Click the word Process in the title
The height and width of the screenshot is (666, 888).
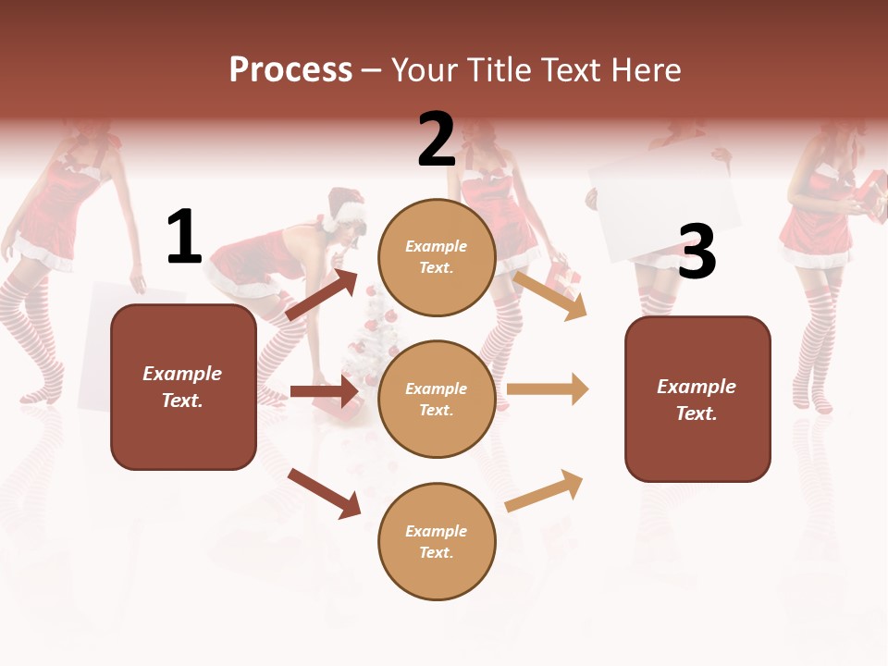coord(290,69)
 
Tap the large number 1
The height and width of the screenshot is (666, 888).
coord(183,238)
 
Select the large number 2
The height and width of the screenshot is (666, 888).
coord(437,140)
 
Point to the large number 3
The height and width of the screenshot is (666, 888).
coord(697,253)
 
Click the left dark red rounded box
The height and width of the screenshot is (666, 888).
coord(183,387)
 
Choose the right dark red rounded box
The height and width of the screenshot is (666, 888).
coord(697,399)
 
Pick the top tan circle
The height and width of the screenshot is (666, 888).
coord(437,257)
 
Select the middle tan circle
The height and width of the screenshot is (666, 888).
coord(437,399)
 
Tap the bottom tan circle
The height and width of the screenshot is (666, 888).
coord(437,541)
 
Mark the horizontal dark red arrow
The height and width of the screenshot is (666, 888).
coord(324,391)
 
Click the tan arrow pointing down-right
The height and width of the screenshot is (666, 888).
coord(550,295)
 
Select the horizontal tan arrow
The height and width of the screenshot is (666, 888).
coord(548,388)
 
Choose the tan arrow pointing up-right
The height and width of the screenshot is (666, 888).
coord(545,490)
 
